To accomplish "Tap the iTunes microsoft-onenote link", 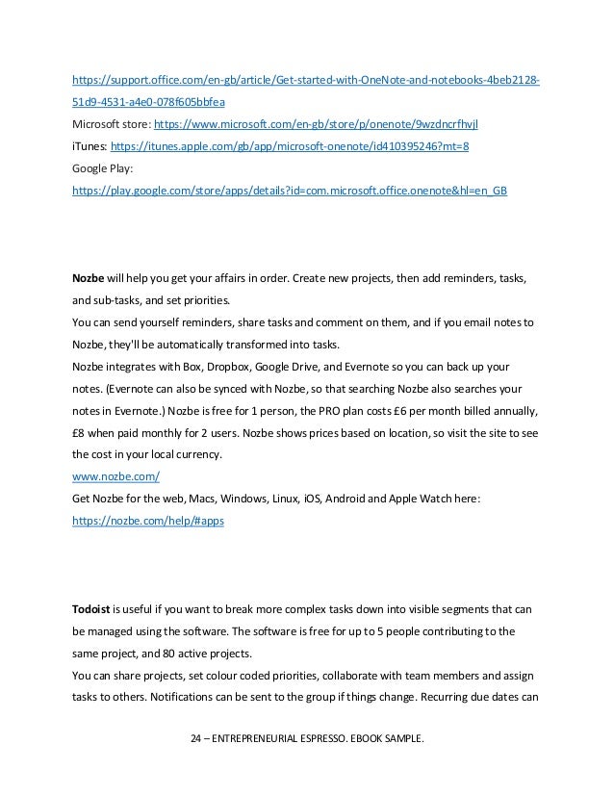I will coord(290,146).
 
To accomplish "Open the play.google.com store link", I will coord(290,191).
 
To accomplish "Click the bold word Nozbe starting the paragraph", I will coord(89,278).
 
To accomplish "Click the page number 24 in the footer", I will coord(199,738).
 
